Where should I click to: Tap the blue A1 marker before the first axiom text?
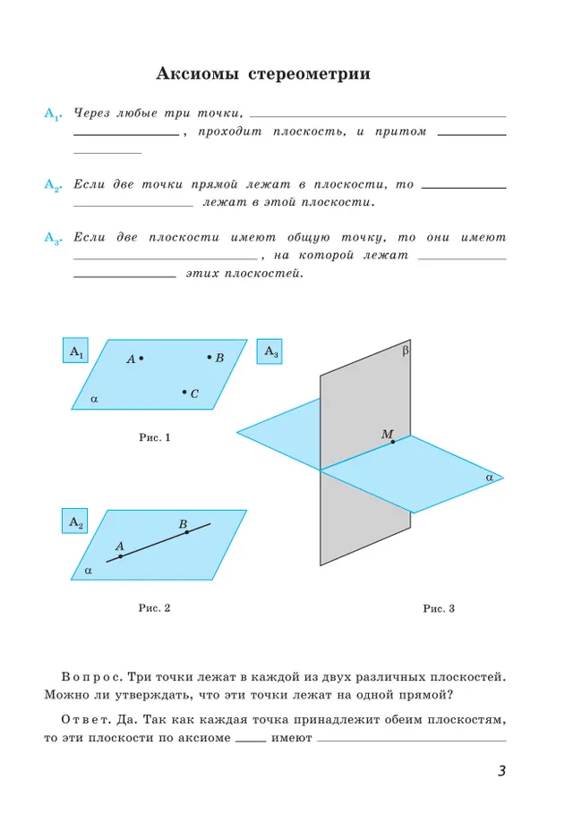click(x=51, y=114)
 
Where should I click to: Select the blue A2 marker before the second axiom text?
click(x=51, y=186)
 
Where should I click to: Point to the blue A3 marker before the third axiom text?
click(x=51, y=238)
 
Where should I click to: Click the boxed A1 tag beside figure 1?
click(x=75, y=352)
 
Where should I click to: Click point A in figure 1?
click(x=141, y=359)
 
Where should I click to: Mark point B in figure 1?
click(x=210, y=357)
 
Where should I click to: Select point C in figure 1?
click(x=184, y=392)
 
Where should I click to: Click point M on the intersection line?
click(x=392, y=443)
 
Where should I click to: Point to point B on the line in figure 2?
click(x=187, y=532)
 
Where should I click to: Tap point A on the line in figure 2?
click(x=121, y=555)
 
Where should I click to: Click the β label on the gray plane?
click(x=405, y=351)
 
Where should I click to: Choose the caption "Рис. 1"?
click(x=155, y=437)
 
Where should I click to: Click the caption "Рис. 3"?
click(x=439, y=608)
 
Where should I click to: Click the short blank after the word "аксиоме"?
click(x=252, y=741)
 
